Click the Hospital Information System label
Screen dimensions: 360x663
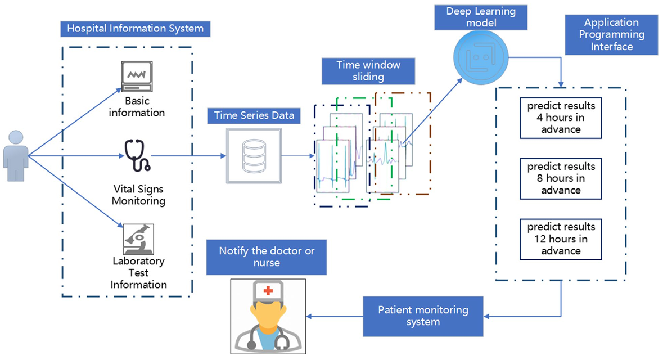[135, 29]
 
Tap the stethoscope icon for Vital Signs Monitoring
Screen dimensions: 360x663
[137, 155]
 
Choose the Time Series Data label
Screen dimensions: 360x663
[253, 116]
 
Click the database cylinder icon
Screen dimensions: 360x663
[253, 155]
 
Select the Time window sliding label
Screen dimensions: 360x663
[368, 71]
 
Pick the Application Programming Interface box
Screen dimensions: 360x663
[611, 34]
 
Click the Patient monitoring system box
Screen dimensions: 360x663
[423, 316]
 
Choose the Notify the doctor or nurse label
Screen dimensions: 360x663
[266, 256]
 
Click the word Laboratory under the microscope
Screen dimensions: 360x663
[138, 261]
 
